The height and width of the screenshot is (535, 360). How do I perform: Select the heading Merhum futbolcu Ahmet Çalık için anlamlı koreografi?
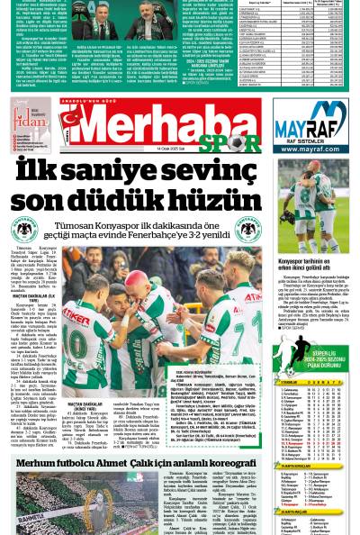[x=135, y=461]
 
